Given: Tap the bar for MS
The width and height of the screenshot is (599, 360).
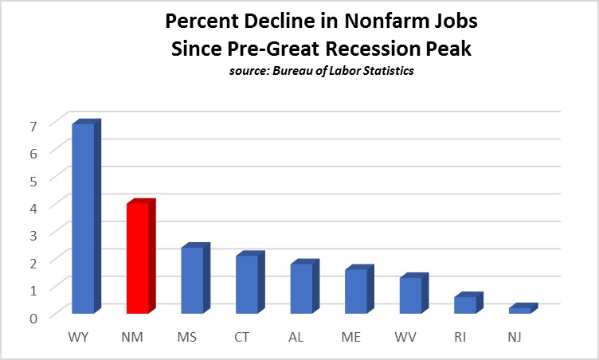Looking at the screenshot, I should pos(192,280).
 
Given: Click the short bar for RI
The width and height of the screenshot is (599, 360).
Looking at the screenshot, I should pos(464,304).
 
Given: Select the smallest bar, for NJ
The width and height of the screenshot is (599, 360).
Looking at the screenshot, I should pos(519,310).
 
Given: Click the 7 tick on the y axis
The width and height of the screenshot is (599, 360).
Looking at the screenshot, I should pos(33,126).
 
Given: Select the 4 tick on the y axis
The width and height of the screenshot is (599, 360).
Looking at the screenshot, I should pos(33,207).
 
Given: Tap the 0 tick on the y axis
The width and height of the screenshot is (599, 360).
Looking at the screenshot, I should pos(33,318).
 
